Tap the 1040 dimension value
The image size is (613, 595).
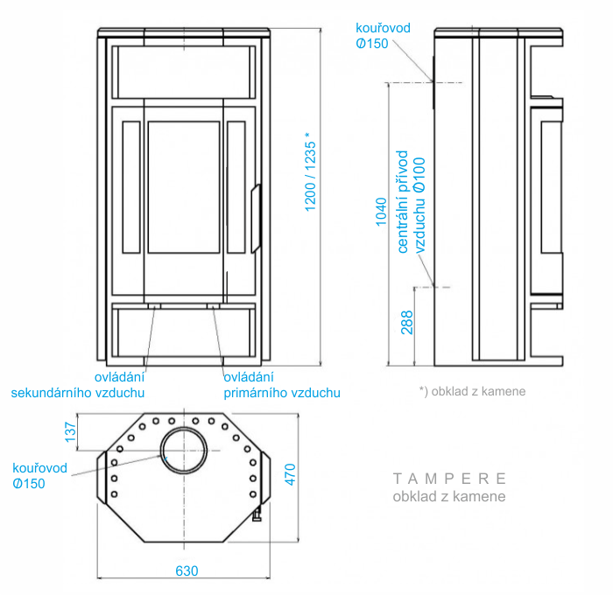[380, 212]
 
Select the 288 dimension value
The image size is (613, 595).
[406, 323]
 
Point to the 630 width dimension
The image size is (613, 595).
[187, 570]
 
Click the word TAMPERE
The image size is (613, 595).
[449, 479]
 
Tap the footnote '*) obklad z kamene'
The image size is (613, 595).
[472, 391]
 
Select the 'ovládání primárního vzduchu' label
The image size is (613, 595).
[281, 385]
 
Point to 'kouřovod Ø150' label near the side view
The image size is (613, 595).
[384, 36]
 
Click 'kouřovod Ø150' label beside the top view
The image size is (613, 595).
[35, 475]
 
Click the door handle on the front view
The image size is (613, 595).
[257, 218]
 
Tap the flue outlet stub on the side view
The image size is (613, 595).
[431, 82]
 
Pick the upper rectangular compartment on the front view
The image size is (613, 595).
[183, 72]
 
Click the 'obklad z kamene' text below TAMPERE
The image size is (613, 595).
[449, 497]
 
